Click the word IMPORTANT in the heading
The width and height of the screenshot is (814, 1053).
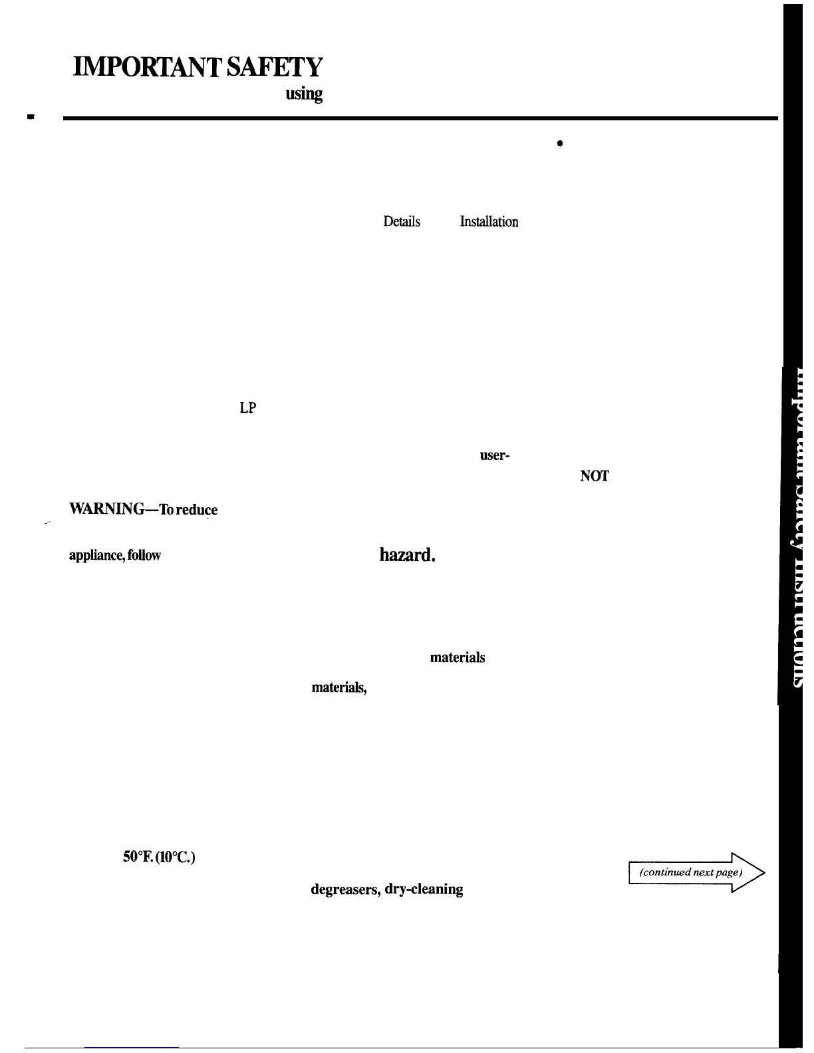point(145,68)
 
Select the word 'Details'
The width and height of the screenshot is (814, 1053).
point(402,222)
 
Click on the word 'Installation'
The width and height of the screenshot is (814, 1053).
point(489,222)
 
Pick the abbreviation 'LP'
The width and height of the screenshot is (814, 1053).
point(248,409)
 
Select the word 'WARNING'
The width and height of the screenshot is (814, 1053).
point(104,510)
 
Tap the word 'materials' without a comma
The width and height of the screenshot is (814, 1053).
point(458,657)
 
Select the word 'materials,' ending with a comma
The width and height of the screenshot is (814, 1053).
point(339,688)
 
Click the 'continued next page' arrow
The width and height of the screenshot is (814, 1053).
point(696,872)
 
